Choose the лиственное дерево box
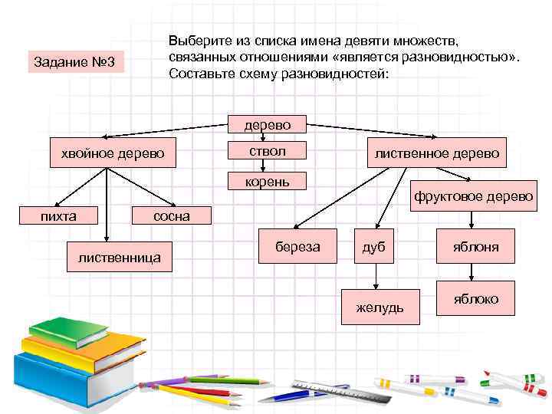click(x=437, y=153)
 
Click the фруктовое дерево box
click(x=473, y=196)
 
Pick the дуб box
click(x=374, y=247)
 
